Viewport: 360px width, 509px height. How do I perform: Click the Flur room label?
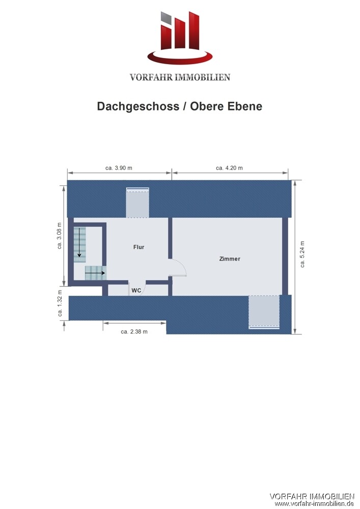(x=139, y=247)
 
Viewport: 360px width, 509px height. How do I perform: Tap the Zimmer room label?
(x=230, y=259)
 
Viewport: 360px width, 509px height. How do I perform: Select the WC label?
(x=136, y=290)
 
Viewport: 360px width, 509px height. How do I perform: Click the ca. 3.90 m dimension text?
(x=119, y=168)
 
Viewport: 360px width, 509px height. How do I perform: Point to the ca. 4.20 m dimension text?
(x=229, y=168)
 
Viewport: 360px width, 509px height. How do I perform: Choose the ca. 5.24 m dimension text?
(x=302, y=254)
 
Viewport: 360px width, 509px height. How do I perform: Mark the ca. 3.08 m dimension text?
(x=60, y=236)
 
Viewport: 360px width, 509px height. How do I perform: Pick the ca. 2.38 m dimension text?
(x=134, y=332)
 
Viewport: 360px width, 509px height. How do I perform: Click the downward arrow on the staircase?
(x=79, y=242)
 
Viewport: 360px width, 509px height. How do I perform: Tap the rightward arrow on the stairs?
(x=95, y=273)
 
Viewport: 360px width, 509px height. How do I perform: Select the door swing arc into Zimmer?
(x=182, y=265)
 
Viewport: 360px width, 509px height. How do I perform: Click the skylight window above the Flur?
(x=137, y=203)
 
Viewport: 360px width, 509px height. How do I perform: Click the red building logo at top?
(x=180, y=38)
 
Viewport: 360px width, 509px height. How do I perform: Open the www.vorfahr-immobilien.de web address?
(x=314, y=504)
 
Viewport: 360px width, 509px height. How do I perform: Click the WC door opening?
(x=137, y=286)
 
